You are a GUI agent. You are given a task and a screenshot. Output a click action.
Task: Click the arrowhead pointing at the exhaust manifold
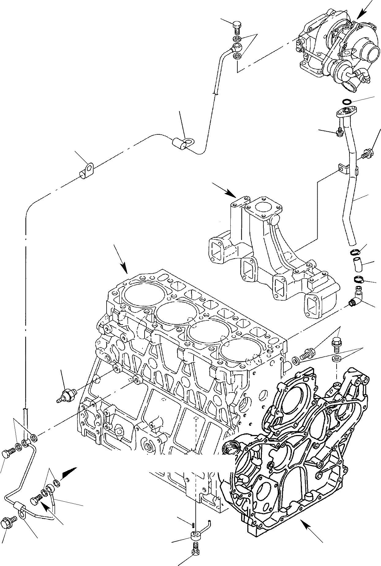(231, 193)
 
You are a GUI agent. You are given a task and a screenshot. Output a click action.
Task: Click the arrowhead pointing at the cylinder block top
(125, 269)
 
